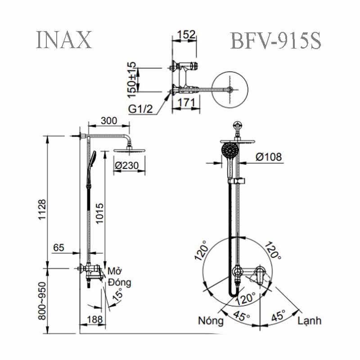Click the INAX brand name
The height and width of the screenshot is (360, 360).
point(63,40)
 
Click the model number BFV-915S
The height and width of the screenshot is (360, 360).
point(275,41)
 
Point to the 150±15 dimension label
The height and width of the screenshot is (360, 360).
point(131,79)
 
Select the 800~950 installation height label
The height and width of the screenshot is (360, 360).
point(41,301)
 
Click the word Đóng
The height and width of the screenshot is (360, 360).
point(119,283)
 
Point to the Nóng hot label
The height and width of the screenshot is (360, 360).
point(211,321)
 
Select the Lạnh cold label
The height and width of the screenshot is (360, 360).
point(309,321)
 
